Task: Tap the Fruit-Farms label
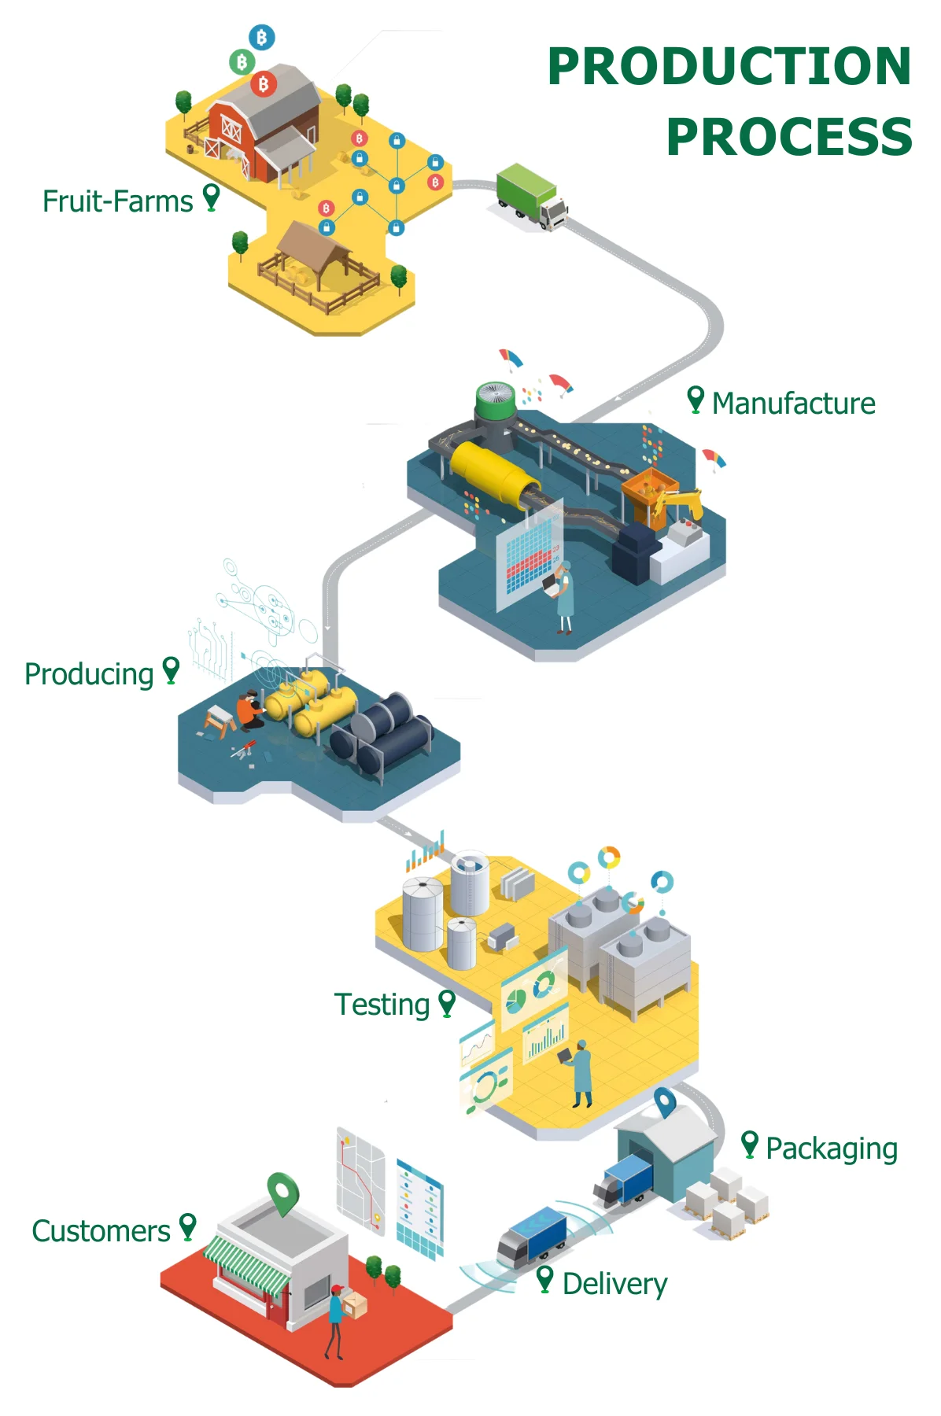coord(118,201)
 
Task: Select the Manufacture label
coord(793,404)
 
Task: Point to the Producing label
coord(89,674)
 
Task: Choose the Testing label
coord(382,1005)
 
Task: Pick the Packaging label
coord(831,1149)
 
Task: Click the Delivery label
coord(614,1284)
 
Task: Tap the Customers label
coord(101,1231)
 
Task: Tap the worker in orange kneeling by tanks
coord(250,710)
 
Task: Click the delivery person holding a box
coord(337,1318)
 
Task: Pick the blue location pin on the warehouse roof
coord(665,1101)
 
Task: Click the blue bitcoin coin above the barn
coord(262,36)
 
